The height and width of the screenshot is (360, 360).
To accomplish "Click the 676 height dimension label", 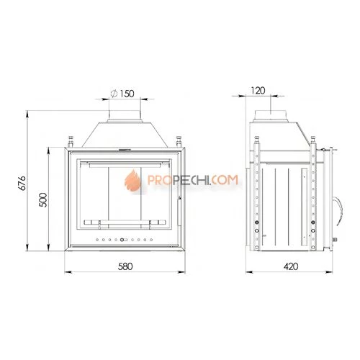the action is click(x=22, y=183).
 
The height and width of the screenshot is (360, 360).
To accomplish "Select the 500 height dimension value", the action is click(x=43, y=199).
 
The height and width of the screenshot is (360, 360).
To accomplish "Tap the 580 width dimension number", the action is click(x=125, y=266).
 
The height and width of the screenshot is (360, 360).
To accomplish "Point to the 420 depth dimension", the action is click(x=291, y=266).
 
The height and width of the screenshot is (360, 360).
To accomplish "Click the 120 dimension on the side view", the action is click(x=258, y=91).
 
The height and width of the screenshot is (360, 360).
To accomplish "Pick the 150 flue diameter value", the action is click(x=127, y=94).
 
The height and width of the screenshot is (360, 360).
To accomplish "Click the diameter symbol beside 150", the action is click(x=114, y=94).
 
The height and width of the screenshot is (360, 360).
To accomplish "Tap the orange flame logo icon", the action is click(x=132, y=179).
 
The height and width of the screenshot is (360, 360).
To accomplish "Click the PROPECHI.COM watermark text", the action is click(x=193, y=180).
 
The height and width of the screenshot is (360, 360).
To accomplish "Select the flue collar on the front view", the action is click(x=125, y=117).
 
